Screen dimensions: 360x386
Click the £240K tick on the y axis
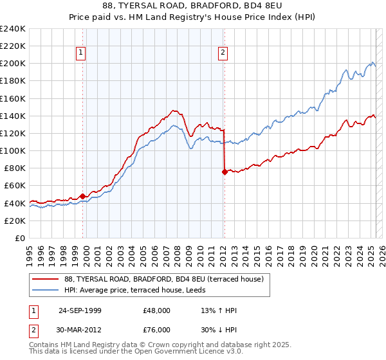[13, 29]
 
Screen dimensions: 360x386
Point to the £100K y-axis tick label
[13, 150]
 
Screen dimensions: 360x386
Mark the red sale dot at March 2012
[225, 172]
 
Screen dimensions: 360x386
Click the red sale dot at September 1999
[83, 196]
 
